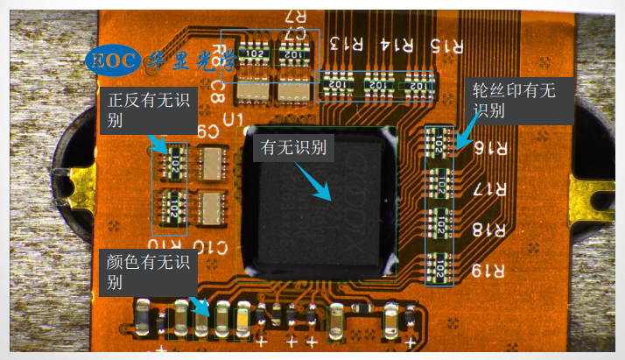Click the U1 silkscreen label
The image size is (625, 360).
coord(233,117)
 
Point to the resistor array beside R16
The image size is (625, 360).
coord(439,145)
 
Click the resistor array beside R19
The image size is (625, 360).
coord(439,265)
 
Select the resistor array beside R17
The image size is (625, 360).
coord(439,185)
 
